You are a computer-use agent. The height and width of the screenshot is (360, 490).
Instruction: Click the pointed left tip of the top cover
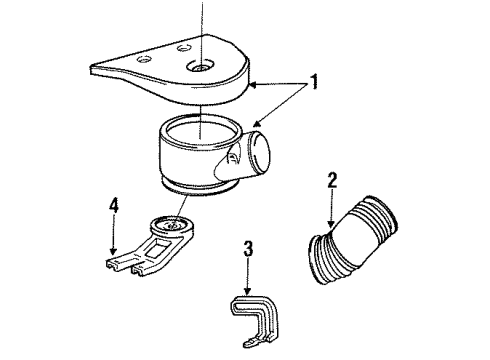tap(93, 69)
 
